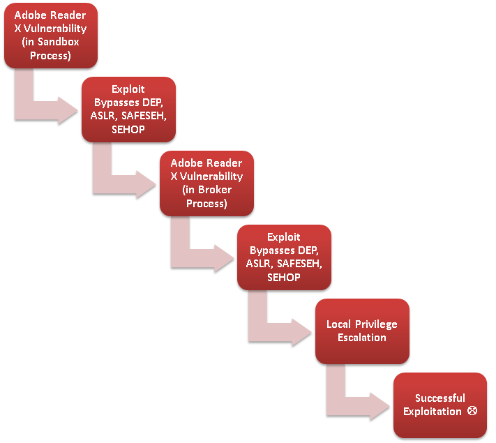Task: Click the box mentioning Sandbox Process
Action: click(50, 36)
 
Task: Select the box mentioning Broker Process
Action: click(206, 183)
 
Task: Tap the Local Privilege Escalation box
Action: click(361, 331)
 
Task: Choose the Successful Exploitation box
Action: click(439, 405)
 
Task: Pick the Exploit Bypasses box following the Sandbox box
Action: click(128, 110)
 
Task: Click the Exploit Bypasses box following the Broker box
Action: click(283, 257)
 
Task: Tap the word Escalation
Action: click(361, 338)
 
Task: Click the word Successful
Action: click(439, 398)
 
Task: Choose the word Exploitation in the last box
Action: click(433, 412)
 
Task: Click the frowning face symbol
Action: click(472, 411)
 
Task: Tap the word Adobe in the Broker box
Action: click(186, 163)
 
